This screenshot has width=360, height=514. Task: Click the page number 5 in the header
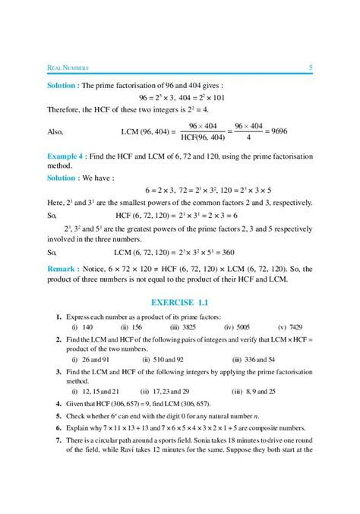click(x=311, y=69)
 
